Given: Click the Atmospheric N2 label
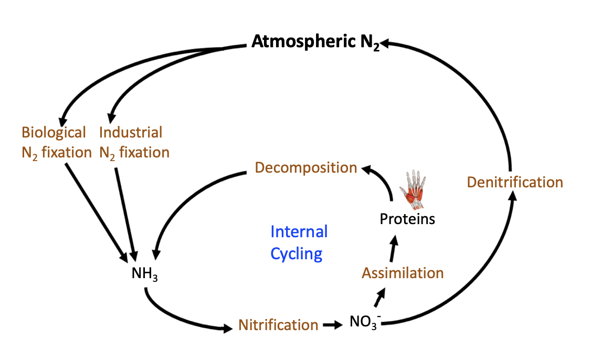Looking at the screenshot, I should pos(315,42).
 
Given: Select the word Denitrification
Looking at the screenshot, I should pos(514,182).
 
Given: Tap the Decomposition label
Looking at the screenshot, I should pos(305,168).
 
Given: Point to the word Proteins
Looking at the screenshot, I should pos(407,218).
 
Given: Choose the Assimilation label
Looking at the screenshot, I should pos(403,273).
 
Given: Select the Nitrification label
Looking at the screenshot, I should pos(278,325).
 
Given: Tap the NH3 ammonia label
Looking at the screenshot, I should pos(144,274).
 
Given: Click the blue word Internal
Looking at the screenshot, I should pos(299,231).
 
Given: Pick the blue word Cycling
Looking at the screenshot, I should pos(296,254).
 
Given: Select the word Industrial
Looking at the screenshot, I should pos(131,132).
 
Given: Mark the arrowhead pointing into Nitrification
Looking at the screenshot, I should pos(226,329).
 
